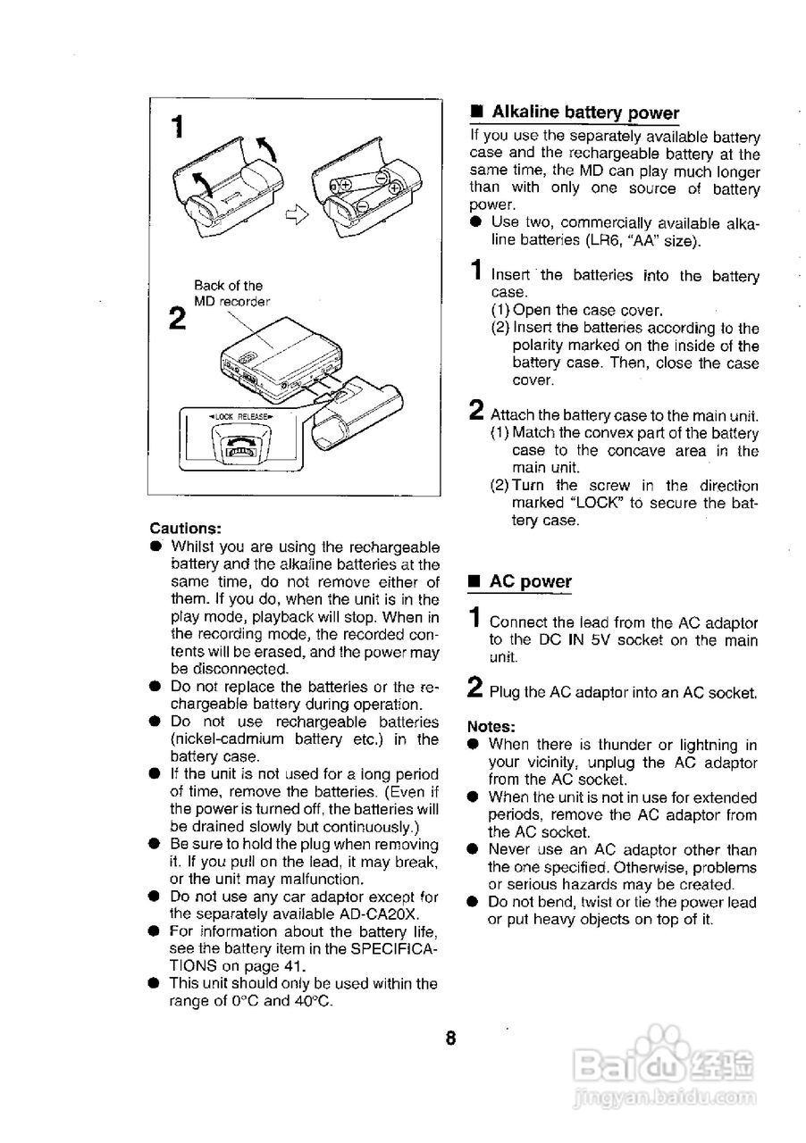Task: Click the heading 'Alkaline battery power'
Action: pos(585,113)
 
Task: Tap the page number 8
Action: pos(451,1038)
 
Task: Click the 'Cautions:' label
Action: pos(185,528)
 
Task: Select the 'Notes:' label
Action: pos(491,726)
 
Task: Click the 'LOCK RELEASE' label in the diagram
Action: pos(239,416)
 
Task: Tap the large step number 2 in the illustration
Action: pos(177,318)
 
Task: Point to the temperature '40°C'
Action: pos(311,1001)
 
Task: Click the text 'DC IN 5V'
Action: pos(571,640)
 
